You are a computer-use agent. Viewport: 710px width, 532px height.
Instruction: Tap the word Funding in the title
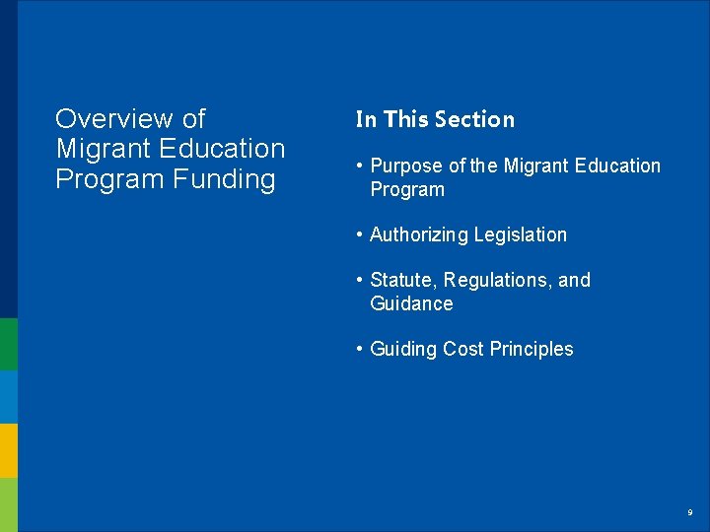point(223,179)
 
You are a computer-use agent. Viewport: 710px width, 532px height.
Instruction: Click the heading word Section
point(474,119)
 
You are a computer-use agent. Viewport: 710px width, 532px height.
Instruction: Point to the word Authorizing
point(418,234)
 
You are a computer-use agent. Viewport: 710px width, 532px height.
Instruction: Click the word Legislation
point(520,234)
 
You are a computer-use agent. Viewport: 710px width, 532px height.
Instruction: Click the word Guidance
point(411,303)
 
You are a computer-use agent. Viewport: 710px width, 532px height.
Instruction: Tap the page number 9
point(690,512)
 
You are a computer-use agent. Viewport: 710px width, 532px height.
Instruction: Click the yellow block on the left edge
point(9,450)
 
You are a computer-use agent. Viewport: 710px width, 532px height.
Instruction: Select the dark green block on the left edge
point(9,344)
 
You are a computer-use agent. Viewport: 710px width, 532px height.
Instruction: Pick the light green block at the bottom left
point(9,504)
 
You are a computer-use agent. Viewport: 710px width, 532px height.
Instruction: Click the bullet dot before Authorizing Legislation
point(360,234)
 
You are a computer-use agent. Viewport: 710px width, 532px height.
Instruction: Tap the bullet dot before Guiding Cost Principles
point(360,349)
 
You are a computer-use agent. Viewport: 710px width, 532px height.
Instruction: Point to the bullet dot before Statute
point(360,280)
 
